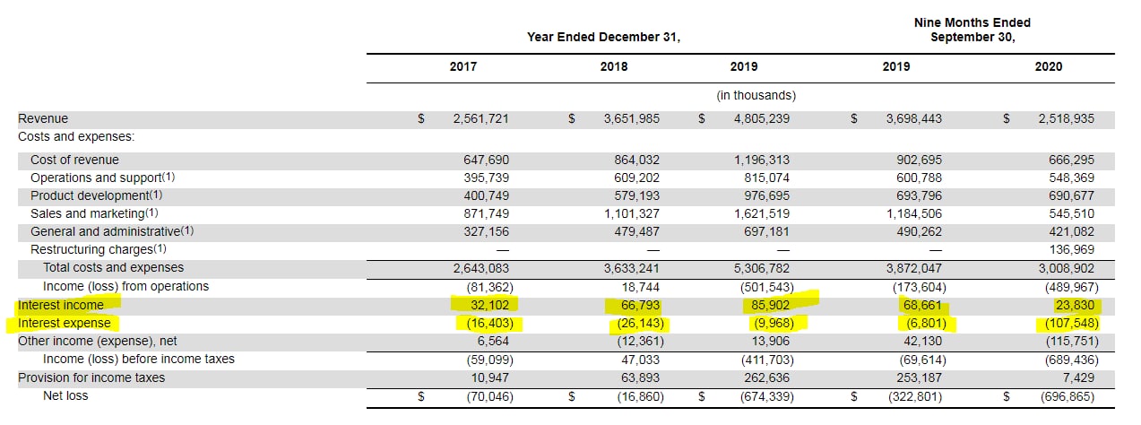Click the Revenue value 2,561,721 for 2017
[x=480, y=118]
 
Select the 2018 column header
[x=614, y=66]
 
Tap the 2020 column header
[x=1049, y=66]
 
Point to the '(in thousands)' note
[x=756, y=95]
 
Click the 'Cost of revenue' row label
[x=74, y=160]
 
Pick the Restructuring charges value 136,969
[x=1071, y=249]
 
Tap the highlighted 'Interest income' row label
[x=61, y=305]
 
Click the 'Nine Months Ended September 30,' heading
[x=972, y=30]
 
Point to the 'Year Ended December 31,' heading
[x=603, y=37]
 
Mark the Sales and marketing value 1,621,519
[x=762, y=213]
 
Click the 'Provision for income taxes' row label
[x=91, y=377]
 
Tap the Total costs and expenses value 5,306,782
[x=762, y=269]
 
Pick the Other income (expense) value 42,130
[x=923, y=341]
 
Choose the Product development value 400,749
[x=486, y=195]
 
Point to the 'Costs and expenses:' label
[x=76, y=136]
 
